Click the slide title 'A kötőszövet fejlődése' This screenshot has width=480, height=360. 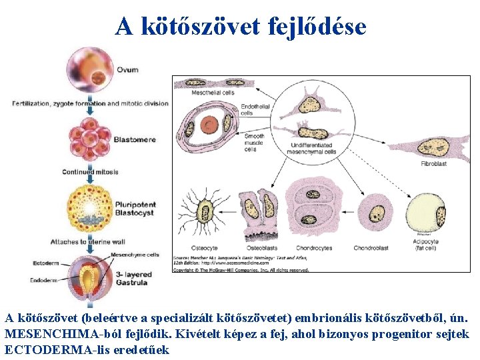tap(240, 27)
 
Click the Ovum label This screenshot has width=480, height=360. tap(127, 70)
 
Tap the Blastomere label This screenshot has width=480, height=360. tap(134, 139)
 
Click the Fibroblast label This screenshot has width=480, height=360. tap(433, 163)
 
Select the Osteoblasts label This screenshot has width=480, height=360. tap(261, 249)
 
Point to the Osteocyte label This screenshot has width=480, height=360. tap(204, 249)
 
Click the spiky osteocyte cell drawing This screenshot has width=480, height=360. tap(203, 214)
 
